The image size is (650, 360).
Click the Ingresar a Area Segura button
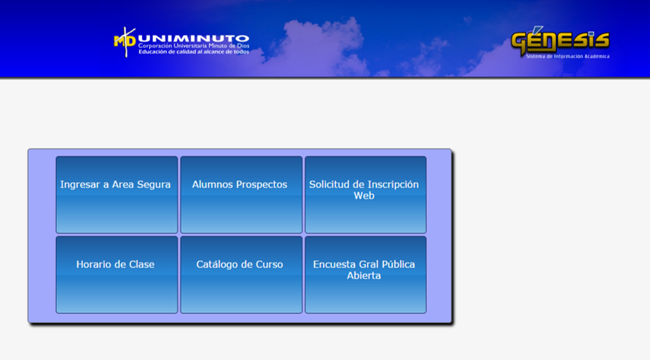[x=117, y=195]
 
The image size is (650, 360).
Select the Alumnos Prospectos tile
[x=241, y=195]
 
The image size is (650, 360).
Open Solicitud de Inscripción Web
[x=366, y=195]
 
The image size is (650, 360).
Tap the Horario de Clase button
[x=117, y=275]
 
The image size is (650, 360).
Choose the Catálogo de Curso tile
[x=241, y=275]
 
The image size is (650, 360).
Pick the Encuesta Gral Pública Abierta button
[x=366, y=275]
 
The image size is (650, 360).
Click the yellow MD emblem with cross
[x=125, y=42]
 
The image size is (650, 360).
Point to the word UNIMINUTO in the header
[x=193, y=39]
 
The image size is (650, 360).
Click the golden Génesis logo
[x=560, y=40]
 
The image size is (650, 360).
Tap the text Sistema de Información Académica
[x=568, y=56]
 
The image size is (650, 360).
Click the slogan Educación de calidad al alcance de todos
[x=194, y=52]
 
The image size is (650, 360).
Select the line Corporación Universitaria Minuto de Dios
[x=194, y=46]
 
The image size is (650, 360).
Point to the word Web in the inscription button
[x=364, y=195]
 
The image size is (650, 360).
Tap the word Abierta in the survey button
[x=364, y=275]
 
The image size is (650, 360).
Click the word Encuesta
[x=334, y=265]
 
